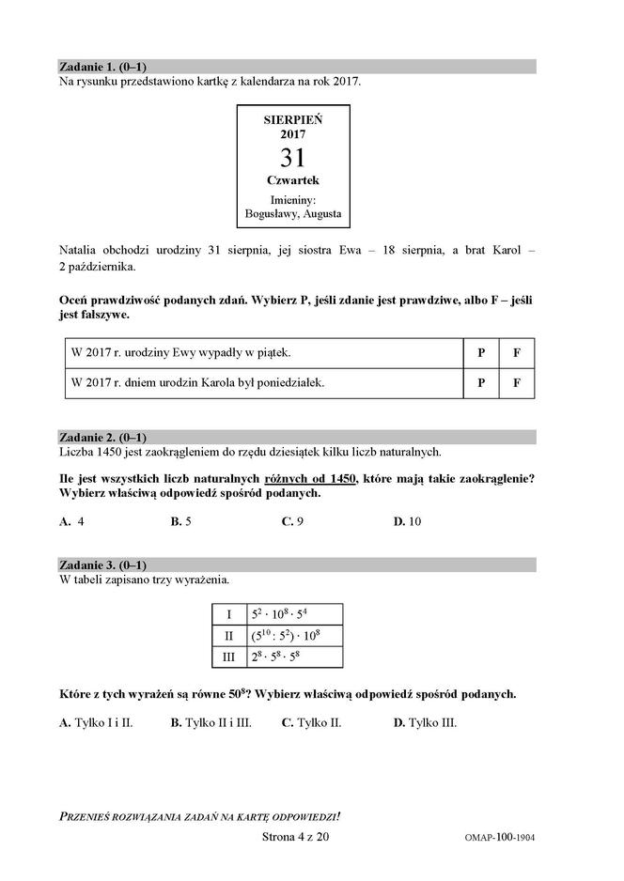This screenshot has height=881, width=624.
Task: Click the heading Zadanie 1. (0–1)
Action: click(x=102, y=67)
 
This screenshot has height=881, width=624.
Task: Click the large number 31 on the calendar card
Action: click(x=292, y=156)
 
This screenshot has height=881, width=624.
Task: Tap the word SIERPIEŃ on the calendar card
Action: click(x=292, y=120)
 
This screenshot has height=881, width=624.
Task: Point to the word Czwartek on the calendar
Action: click(x=292, y=179)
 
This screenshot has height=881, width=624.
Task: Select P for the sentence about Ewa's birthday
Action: click(x=481, y=353)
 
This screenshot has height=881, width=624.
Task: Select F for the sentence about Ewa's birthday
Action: click(x=516, y=353)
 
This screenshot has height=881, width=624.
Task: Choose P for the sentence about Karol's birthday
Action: click(x=481, y=383)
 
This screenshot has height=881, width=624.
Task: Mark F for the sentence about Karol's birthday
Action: click(x=516, y=383)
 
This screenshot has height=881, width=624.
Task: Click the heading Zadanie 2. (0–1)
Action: click(x=102, y=437)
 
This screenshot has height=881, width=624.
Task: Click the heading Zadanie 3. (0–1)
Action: click(x=102, y=564)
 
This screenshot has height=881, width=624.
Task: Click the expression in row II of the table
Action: click(x=287, y=636)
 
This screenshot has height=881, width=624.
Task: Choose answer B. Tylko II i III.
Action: click(x=211, y=722)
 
